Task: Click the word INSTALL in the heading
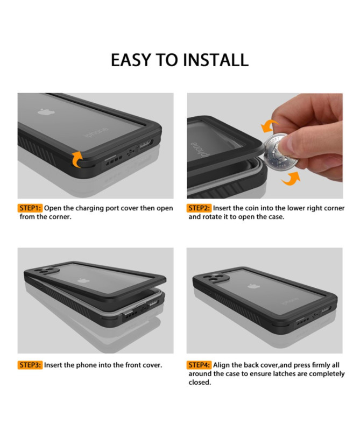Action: point(214,59)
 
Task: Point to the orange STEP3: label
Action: point(30,365)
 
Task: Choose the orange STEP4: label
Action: point(199,365)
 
